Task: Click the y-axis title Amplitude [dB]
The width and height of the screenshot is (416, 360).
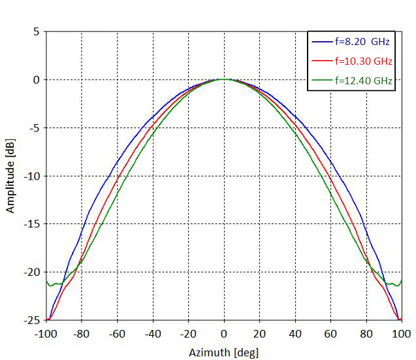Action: pyautogui.click(x=10, y=176)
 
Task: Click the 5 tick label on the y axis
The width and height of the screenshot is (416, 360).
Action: pyautogui.click(x=36, y=31)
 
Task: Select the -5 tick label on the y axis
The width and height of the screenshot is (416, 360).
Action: pyautogui.click(x=34, y=128)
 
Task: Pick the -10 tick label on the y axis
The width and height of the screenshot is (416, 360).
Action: pyautogui.click(x=31, y=176)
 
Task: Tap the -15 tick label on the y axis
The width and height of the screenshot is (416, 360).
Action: pyautogui.click(x=31, y=224)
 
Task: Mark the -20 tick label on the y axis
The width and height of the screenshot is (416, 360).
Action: pyautogui.click(x=31, y=272)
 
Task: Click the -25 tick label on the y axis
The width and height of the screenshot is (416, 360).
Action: pyautogui.click(x=31, y=320)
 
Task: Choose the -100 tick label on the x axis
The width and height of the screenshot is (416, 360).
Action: pyautogui.click(x=46, y=333)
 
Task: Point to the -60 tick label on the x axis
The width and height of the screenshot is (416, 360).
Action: pyautogui.click(x=117, y=333)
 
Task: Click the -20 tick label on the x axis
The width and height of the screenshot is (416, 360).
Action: pyautogui.click(x=188, y=333)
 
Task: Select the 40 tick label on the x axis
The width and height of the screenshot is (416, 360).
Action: pyautogui.click(x=295, y=333)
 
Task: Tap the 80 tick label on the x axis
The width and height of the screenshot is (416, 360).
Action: pyautogui.click(x=366, y=333)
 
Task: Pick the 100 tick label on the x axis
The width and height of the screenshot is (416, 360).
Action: pyautogui.click(x=400, y=333)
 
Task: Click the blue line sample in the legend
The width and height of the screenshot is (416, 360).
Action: pyautogui.click(x=321, y=42)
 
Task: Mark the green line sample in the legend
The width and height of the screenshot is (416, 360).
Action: pyautogui.click(x=321, y=81)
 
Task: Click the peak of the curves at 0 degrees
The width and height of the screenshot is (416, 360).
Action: pyautogui.click(x=224, y=80)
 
